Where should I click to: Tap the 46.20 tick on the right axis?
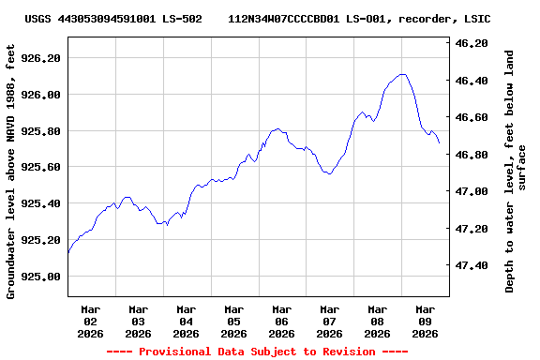coord(471,43)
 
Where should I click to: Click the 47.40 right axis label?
coord(471,265)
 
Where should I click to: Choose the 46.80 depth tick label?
coord(471,155)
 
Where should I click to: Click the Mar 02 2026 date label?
coord(91,321)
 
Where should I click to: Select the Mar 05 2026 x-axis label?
coord(234,321)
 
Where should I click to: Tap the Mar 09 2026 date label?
coord(426,321)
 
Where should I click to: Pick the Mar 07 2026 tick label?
coord(330,321)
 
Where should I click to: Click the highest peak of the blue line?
coord(402,74)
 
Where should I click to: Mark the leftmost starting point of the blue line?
coord(68,253)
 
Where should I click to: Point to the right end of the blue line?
coord(439,142)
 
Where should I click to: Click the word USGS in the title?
coord(38,19)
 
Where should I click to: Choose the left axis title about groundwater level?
coord(11,171)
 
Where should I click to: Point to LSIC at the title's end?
coord(477,19)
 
